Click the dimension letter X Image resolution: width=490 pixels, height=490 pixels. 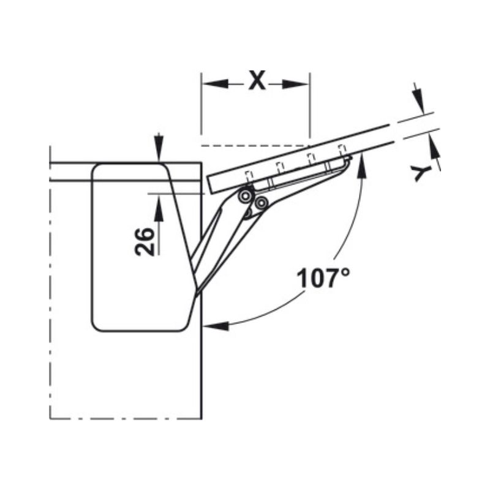click(x=257, y=80)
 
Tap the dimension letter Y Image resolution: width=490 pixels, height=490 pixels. click(x=420, y=173)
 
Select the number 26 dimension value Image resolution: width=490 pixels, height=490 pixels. click(x=145, y=241)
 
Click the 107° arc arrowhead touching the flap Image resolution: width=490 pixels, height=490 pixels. click(x=360, y=164)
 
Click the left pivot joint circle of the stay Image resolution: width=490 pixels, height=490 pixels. click(x=246, y=195)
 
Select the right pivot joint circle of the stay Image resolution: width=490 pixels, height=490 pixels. click(x=262, y=203)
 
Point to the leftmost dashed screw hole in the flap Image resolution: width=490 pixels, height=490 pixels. click(x=249, y=175)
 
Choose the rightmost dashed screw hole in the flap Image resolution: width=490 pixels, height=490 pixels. click(x=342, y=149)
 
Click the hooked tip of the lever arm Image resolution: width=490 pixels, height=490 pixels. click(x=349, y=160)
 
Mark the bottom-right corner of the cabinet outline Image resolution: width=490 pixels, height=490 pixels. click(x=202, y=418)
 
